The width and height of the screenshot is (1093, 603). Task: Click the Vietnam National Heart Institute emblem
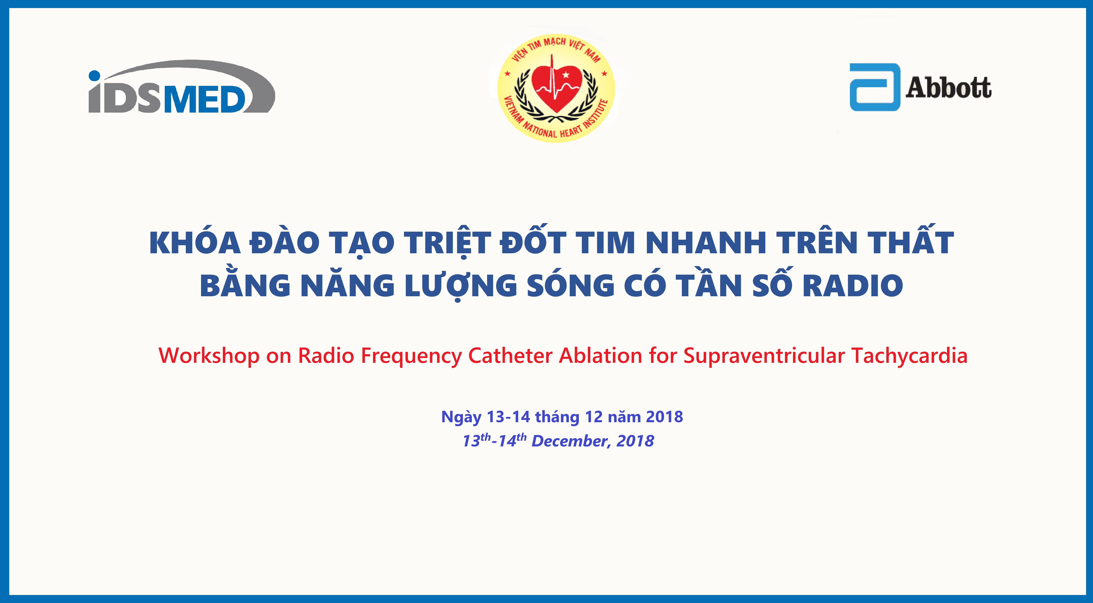[x=556, y=88]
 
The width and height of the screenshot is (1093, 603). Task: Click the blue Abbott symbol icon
[x=875, y=87]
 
